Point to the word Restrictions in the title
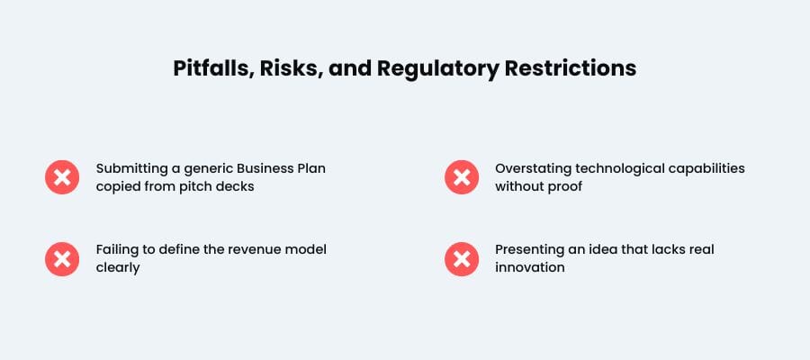[571, 68]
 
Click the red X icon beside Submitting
[62, 177]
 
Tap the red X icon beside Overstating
[462, 177]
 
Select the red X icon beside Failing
[62, 258]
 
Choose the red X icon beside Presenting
[462, 258]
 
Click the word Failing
[117, 249]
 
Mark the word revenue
[247, 249]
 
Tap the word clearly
[118, 267]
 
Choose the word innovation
[530, 267]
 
